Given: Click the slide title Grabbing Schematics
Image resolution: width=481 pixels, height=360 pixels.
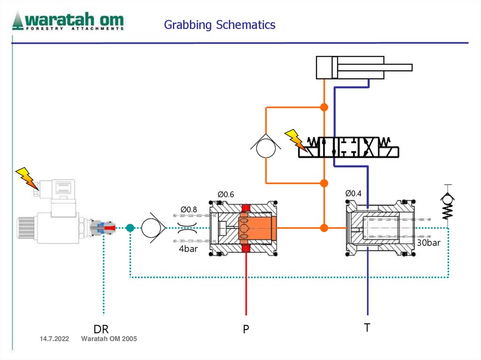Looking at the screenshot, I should click(219, 25).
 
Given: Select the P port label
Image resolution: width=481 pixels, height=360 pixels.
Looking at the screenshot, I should click(246, 330).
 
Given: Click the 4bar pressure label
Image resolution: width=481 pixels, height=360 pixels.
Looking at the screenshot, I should click(188, 249).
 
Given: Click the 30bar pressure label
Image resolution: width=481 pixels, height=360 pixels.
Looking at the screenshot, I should click(428, 243).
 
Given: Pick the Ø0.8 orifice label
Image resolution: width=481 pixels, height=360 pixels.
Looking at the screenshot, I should click(189, 209).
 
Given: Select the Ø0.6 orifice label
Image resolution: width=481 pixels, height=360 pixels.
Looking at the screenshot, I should click(225, 194).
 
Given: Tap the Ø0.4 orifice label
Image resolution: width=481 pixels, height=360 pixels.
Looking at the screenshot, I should click(353, 193).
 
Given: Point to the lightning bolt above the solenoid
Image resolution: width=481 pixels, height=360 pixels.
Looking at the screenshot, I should click(26, 177).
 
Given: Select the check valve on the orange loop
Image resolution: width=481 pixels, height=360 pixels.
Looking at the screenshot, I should click(266, 145).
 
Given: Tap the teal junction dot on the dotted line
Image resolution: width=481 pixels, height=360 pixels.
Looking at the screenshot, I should click(131, 228).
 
